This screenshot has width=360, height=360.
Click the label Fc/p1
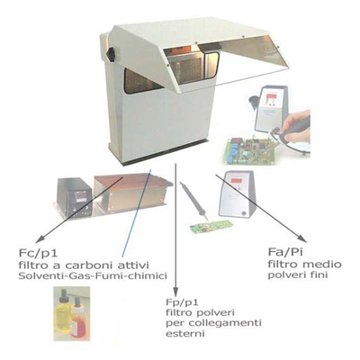pyautogui.click(x=38, y=254)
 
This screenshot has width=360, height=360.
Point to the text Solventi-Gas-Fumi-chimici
pyautogui.click(x=93, y=275)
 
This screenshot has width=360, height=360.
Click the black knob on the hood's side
pyautogui.click(x=111, y=53)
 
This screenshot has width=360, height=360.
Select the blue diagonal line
pyautogui.click(x=137, y=213)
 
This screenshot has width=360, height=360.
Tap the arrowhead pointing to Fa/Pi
pyautogui.click(x=301, y=238)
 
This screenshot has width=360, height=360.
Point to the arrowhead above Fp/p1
pyautogui.click(x=175, y=291)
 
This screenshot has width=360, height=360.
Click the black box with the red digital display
pyautogui.click(x=74, y=197)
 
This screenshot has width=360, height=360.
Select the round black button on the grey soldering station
pyautogui.click(x=245, y=213)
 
